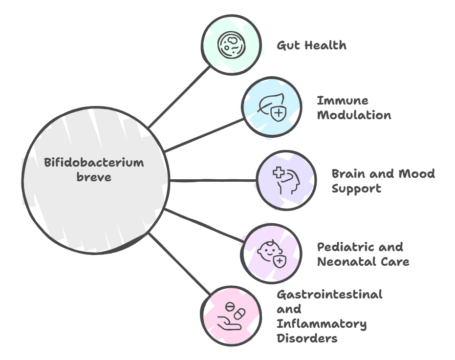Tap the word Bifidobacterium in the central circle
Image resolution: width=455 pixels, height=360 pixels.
(x=94, y=163)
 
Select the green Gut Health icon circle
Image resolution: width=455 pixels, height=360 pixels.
(x=231, y=45)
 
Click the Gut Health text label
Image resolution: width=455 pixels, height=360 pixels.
(x=311, y=45)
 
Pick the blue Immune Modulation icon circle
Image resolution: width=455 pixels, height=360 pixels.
(x=271, y=108)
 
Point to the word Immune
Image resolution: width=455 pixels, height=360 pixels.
(x=343, y=101)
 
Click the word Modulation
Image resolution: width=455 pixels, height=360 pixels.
(x=354, y=115)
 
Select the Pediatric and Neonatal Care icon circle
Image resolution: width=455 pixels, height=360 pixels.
(x=271, y=254)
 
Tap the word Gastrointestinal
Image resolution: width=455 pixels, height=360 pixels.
(x=329, y=294)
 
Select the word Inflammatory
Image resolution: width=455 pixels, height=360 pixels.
(x=322, y=323)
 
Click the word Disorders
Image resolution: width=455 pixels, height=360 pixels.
(x=307, y=338)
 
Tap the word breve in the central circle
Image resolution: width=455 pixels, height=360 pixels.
(x=94, y=177)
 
